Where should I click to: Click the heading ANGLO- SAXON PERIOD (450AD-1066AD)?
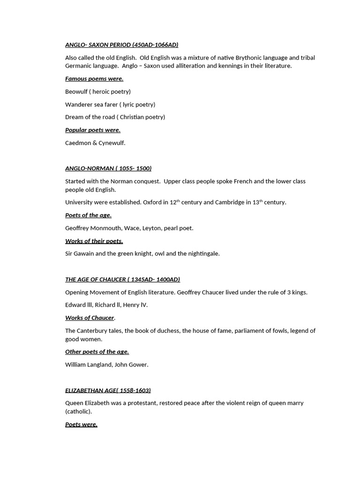pos(121,45)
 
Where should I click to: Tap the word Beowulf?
pos(76,91)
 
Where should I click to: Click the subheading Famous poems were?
pos(94,79)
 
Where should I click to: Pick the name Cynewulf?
pos(112,142)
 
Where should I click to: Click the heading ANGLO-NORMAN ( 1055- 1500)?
pos(108,168)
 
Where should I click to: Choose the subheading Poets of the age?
pos(88,215)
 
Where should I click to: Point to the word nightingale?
pos(202,254)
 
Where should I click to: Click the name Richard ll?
pos(106,305)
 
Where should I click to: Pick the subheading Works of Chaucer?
pos(90,318)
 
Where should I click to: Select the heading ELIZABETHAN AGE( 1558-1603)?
pos(108,390)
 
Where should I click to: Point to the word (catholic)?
pos(78,411)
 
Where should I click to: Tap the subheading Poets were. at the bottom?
pos(81,424)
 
